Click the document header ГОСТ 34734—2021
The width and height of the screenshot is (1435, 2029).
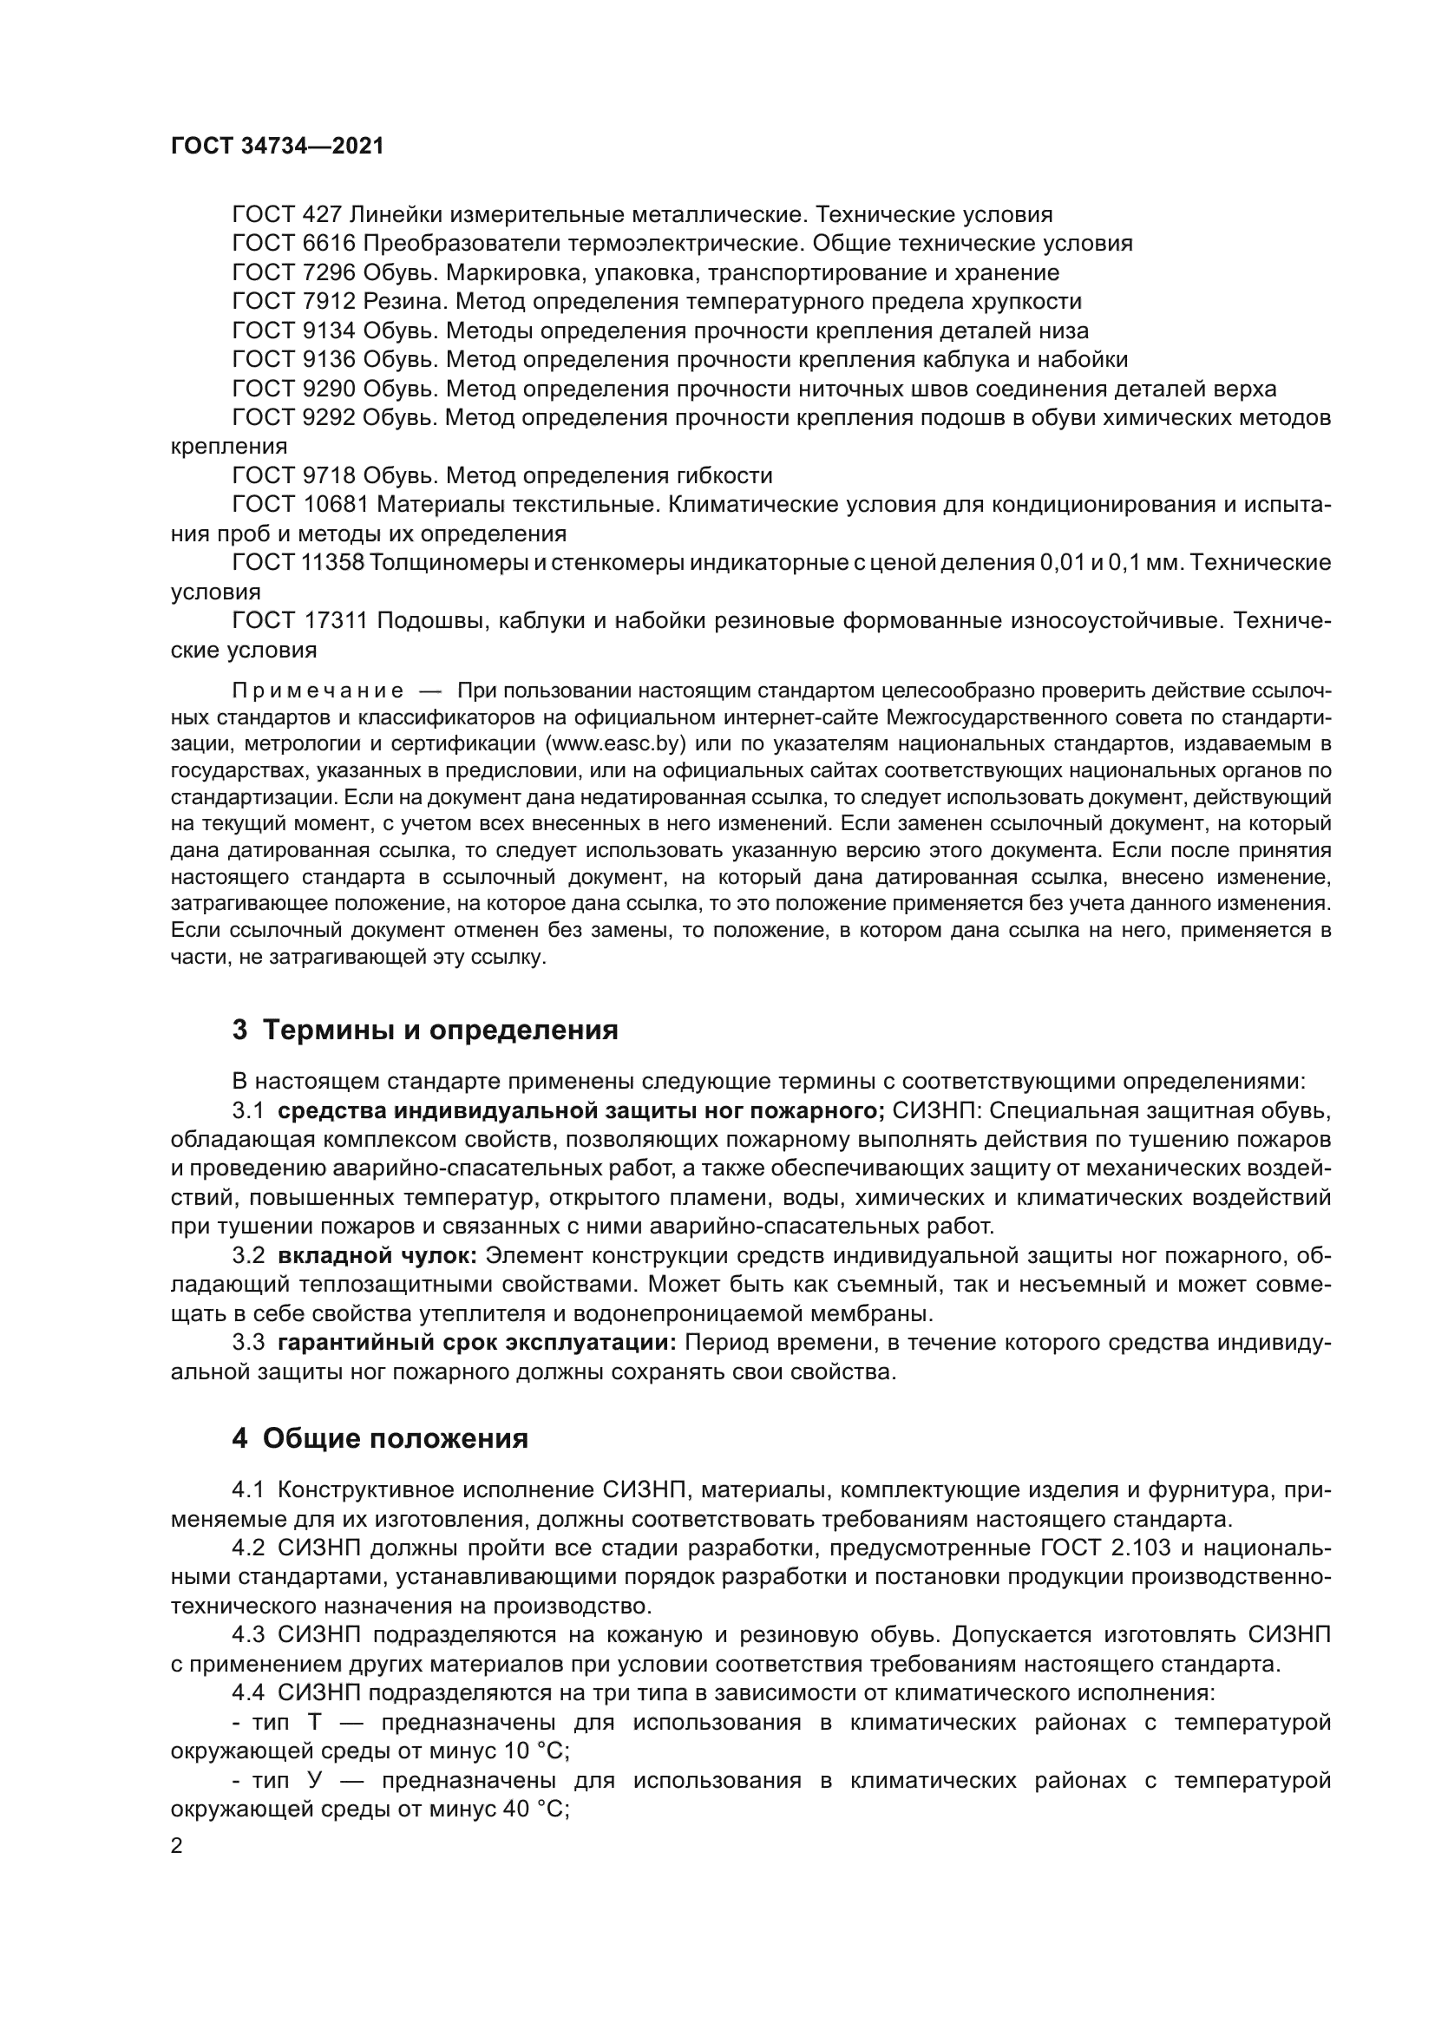point(278,147)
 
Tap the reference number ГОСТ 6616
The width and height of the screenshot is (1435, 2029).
point(292,244)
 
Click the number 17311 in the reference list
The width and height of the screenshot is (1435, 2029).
point(335,621)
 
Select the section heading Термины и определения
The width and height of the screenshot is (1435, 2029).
point(440,1031)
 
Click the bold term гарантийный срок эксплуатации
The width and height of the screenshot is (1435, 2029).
point(476,1343)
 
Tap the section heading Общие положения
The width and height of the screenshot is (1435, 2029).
point(395,1438)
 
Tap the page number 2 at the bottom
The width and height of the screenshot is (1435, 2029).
point(177,1846)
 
